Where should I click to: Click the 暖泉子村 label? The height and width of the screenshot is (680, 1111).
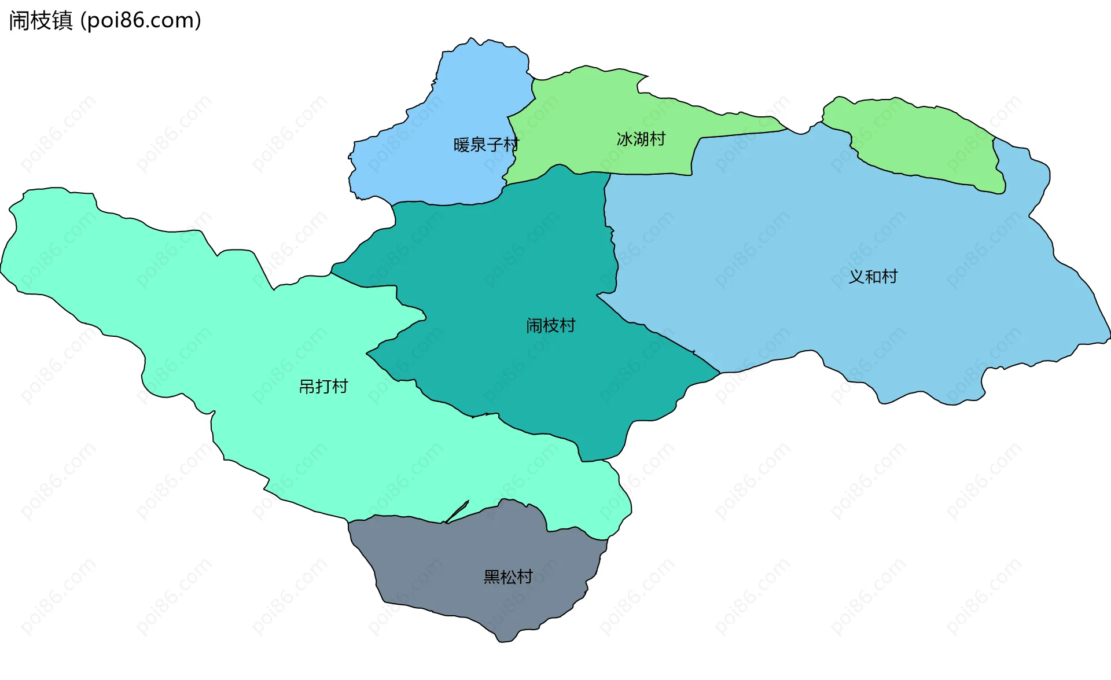coord(486,145)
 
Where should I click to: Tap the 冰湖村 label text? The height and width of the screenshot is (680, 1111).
coord(641,139)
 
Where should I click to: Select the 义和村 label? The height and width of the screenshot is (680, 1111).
coord(873,277)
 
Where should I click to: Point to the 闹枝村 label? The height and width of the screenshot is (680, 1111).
coord(550,326)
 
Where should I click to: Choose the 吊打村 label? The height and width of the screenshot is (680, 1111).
coord(323,387)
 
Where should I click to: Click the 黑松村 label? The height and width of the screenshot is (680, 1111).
coord(507,577)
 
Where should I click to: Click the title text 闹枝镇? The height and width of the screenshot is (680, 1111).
coord(41,20)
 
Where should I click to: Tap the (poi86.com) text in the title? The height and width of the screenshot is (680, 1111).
coord(141,20)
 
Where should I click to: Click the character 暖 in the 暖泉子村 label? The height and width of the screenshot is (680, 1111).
coord(461,145)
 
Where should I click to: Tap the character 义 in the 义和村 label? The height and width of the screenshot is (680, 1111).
coord(856,277)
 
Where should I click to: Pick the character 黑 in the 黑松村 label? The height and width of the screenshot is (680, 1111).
coord(491,577)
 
